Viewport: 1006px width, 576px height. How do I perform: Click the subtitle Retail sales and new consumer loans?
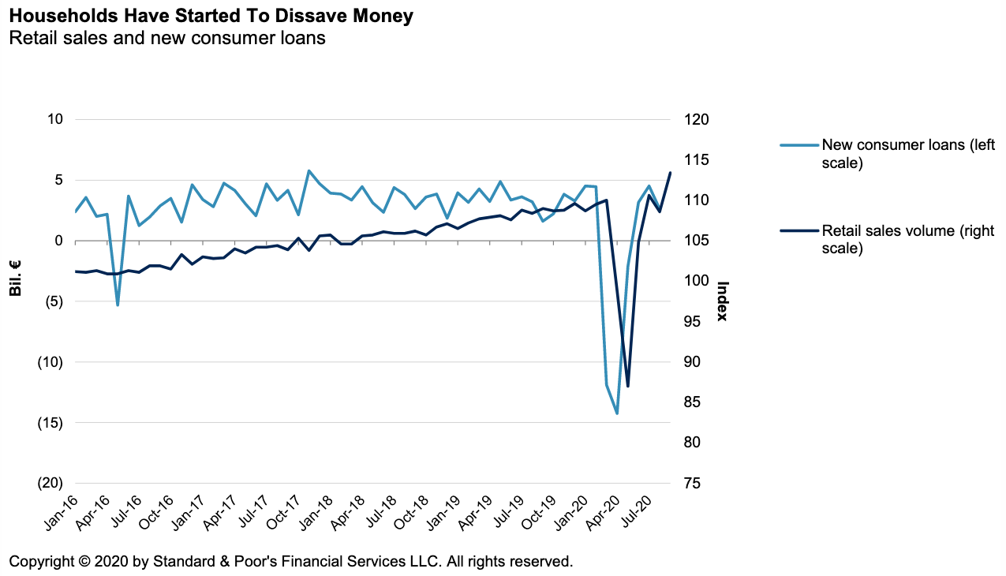pos(167,38)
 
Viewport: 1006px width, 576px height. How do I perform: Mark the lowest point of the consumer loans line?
pos(617,413)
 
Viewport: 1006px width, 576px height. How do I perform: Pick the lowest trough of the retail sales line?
pos(628,386)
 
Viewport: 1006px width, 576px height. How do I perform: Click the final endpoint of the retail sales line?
pos(670,173)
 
